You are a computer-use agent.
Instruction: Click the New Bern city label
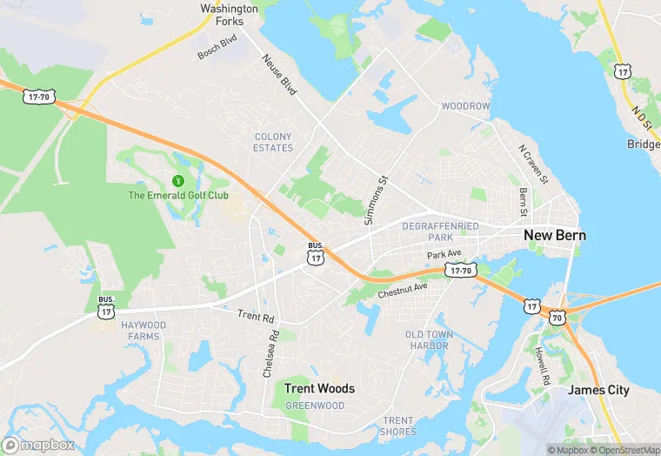click(554, 236)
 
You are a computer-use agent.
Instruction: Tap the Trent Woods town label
click(320, 388)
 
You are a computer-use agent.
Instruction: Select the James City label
click(598, 390)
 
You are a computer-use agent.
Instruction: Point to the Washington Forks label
click(230, 16)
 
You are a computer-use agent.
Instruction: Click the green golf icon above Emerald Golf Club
click(178, 181)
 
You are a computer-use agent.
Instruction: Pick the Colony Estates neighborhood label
click(273, 142)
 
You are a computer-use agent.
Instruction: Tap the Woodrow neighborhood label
click(466, 106)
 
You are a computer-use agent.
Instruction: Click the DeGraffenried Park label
click(440, 231)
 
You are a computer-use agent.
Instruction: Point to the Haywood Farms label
click(143, 331)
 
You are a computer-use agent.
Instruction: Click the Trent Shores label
click(398, 426)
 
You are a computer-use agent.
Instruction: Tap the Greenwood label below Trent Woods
click(315, 406)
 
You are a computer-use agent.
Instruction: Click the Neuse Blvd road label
click(279, 74)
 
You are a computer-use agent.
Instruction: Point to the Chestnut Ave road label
click(403, 291)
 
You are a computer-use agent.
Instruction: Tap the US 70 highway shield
click(557, 317)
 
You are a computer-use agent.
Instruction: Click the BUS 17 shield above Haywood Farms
click(106, 305)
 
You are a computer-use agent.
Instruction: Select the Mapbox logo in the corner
click(39, 445)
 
